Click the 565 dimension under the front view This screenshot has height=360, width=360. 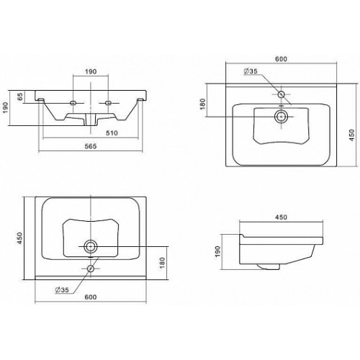click(x=91, y=146)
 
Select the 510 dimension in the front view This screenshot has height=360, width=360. click(x=112, y=132)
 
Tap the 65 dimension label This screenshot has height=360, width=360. click(x=20, y=96)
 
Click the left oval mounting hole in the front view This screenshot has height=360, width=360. click(x=73, y=103)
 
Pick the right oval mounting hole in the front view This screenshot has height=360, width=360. click(x=109, y=103)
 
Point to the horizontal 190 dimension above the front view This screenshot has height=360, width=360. click(x=91, y=71)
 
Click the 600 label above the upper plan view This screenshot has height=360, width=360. click(x=281, y=59)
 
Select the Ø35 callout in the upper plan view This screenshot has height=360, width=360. click(x=251, y=71)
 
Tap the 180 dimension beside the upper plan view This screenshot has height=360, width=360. click(x=203, y=104)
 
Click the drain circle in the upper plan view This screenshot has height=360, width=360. click(x=281, y=117)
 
